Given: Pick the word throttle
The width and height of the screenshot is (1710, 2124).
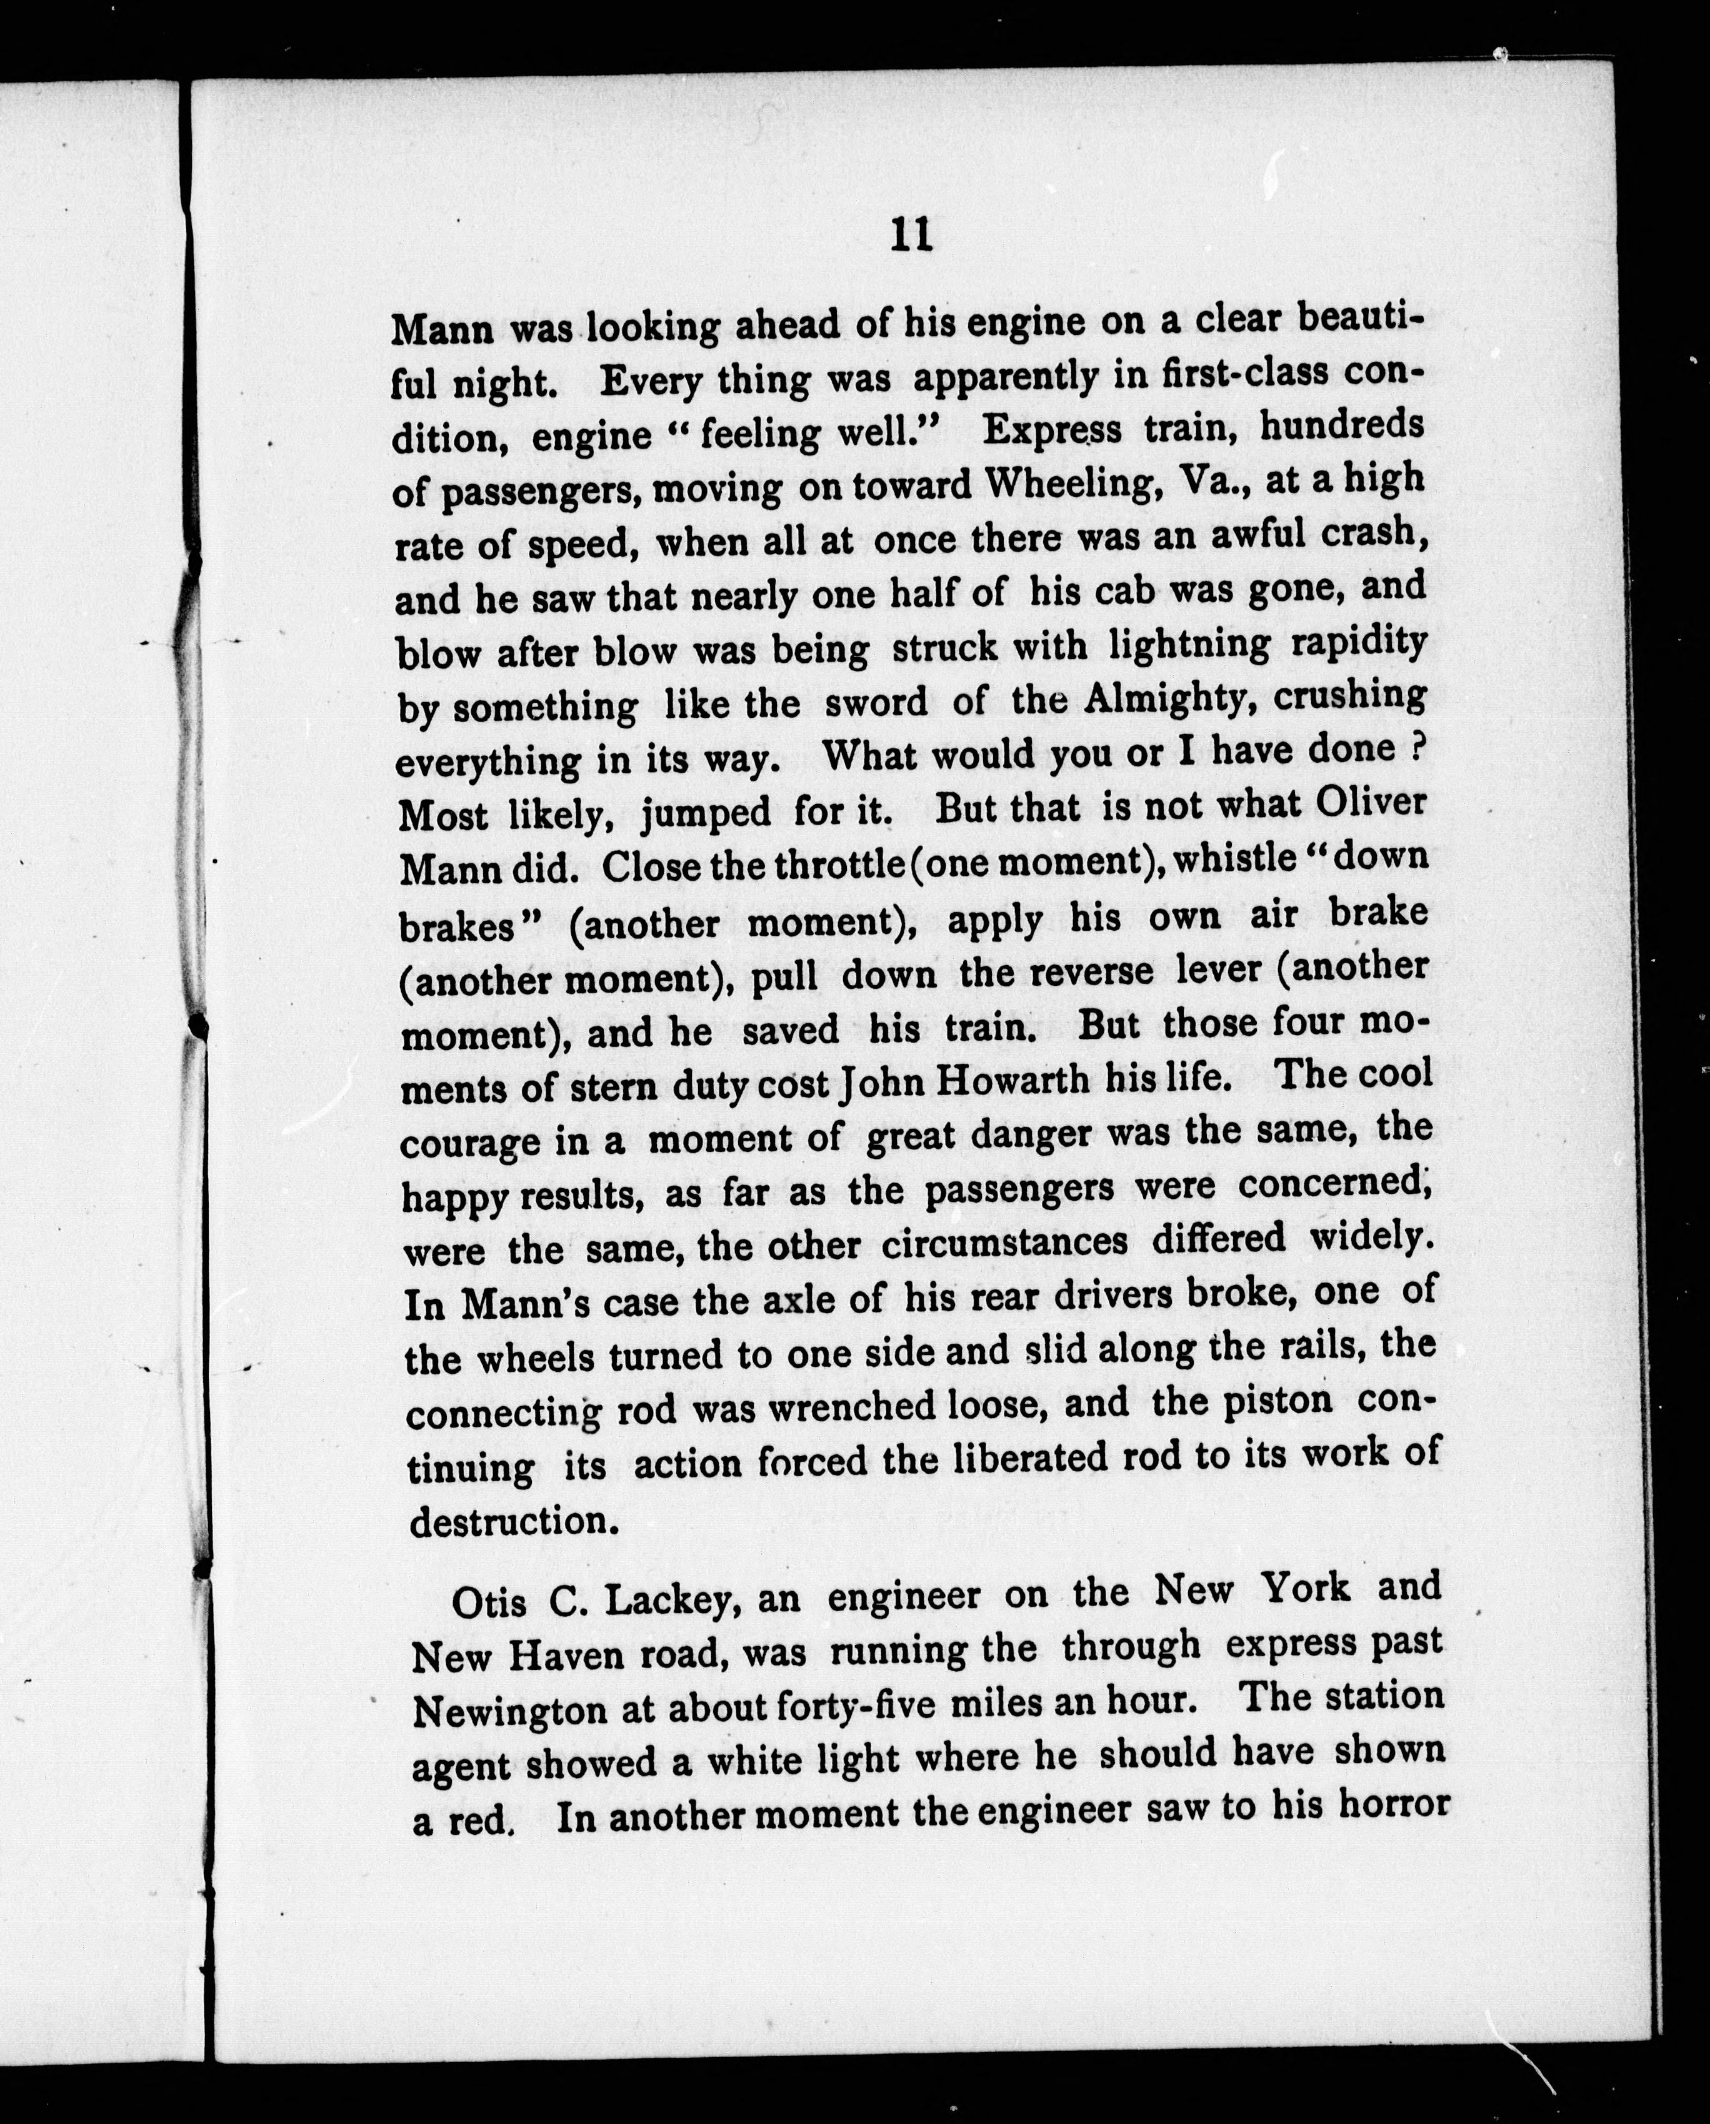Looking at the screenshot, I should [x=839, y=865].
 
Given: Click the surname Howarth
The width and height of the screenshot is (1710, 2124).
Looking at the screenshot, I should [x=1012, y=1082].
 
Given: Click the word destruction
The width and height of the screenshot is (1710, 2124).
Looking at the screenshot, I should [x=514, y=1522].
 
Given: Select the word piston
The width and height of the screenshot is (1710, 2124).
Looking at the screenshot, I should [x=1277, y=1402].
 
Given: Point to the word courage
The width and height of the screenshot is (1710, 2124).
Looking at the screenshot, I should [x=471, y=1142].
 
